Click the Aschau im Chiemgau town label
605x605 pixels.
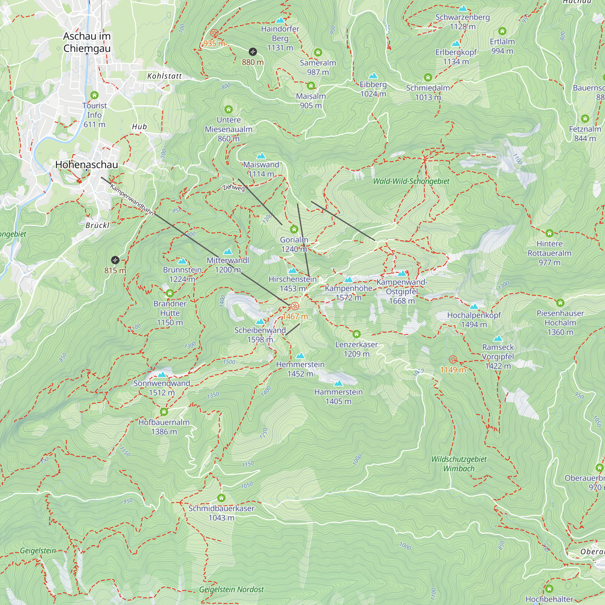87,42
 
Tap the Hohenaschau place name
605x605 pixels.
87,165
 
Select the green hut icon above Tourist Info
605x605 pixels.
94,95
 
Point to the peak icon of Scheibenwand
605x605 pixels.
260,322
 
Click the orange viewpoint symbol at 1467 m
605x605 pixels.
295,306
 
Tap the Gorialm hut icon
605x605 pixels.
294,230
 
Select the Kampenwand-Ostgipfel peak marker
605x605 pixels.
402,273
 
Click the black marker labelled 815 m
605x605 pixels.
115,260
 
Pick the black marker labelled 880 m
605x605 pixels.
253,52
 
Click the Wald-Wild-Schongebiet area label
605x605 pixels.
411,181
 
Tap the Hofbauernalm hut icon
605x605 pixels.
164,412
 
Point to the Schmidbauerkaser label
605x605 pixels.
221,508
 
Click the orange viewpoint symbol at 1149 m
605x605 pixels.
453,359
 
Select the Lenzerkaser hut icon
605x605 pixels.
356,334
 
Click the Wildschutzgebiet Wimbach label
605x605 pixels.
459,464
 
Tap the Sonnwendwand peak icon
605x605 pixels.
162,374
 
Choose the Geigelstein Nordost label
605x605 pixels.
231,589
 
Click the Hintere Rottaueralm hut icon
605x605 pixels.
549,233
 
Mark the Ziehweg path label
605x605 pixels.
233,188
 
